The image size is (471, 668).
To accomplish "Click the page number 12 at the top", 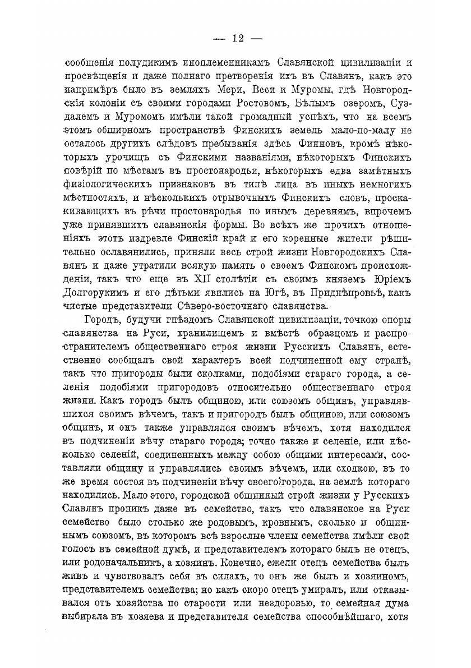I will (235, 39).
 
